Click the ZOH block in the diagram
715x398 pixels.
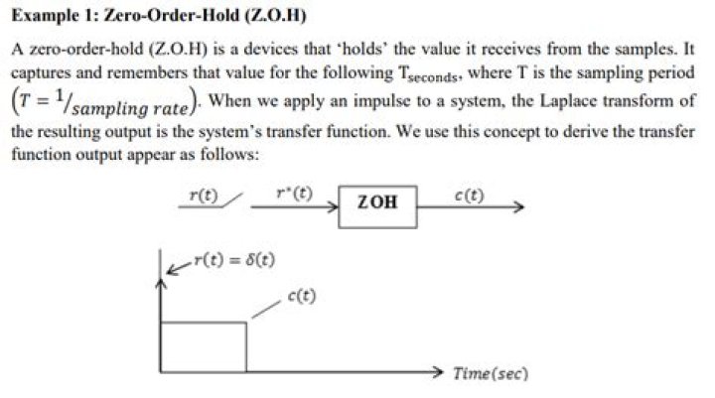(377, 202)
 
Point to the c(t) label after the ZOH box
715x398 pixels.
(468, 195)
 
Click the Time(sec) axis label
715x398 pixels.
(490, 373)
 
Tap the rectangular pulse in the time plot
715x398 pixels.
(203, 345)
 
